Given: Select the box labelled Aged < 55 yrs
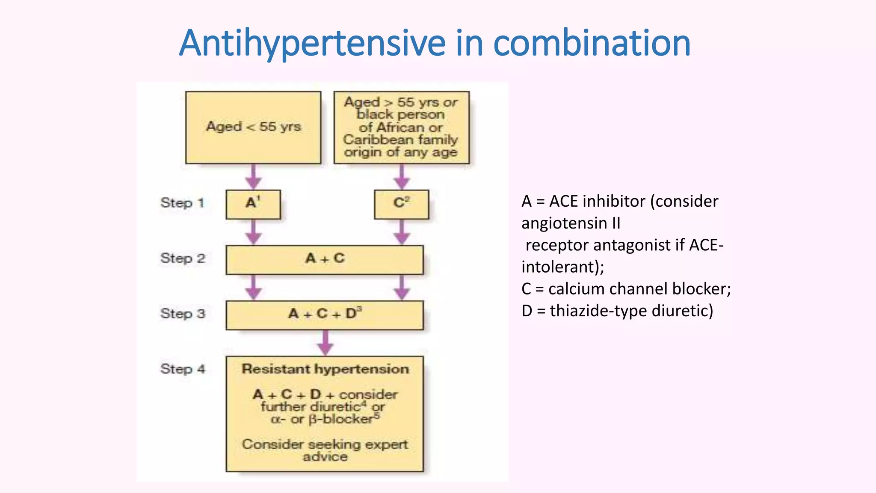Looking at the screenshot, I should (253, 127).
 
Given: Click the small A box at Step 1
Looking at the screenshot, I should (253, 204).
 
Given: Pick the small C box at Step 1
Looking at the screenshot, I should (401, 204).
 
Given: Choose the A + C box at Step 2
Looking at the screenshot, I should (325, 259).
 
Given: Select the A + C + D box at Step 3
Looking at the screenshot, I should (325, 315).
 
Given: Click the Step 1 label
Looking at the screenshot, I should (182, 203).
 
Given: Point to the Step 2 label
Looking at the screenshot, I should (183, 258).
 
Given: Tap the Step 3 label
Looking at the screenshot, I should (183, 314).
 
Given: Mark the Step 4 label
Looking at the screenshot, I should (183, 369).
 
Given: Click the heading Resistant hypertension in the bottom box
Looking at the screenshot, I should (325, 369).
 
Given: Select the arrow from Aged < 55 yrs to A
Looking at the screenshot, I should (253, 177).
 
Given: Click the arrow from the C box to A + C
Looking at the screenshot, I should (401, 232).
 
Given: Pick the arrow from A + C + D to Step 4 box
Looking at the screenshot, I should (325, 342).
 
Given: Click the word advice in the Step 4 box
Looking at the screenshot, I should (325, 457).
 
